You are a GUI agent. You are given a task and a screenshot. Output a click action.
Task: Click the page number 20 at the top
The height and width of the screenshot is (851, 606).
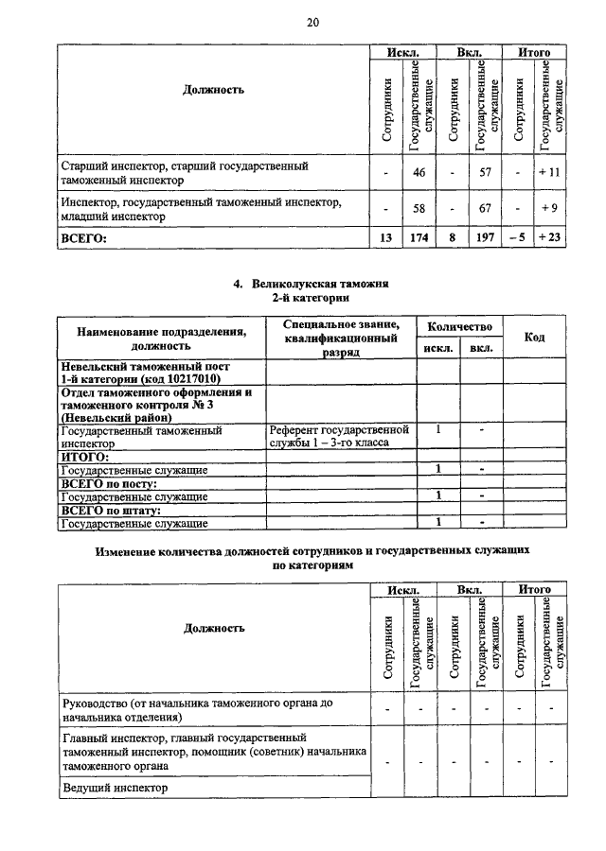[x=312, y=22]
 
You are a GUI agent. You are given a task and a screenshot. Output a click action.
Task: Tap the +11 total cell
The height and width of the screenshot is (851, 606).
[x=550, y=173]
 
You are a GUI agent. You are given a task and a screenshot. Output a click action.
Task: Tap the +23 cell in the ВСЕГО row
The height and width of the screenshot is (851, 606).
[x=550, y=238]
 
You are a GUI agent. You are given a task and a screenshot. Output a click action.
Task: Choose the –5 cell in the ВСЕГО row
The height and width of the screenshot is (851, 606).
[x=517, y=238]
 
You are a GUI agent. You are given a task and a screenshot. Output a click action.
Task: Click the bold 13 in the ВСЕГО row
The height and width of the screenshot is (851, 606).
[x=385, y=238]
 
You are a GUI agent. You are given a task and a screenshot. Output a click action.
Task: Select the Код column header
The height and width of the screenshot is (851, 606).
[x=534, y=338]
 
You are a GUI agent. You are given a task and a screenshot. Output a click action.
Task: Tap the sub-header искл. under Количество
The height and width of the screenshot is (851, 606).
[x=437, y=349]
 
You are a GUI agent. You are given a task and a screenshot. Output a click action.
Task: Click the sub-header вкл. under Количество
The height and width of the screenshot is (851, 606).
[x=481, y=349]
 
